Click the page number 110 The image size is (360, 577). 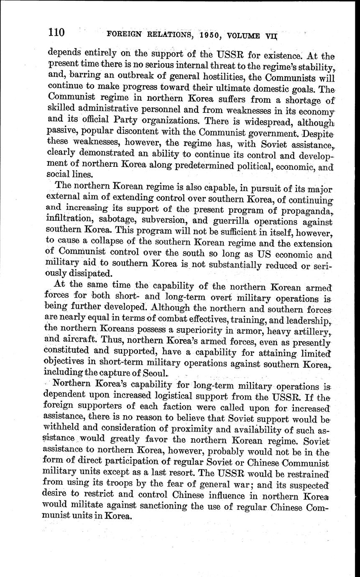(57, 32)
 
